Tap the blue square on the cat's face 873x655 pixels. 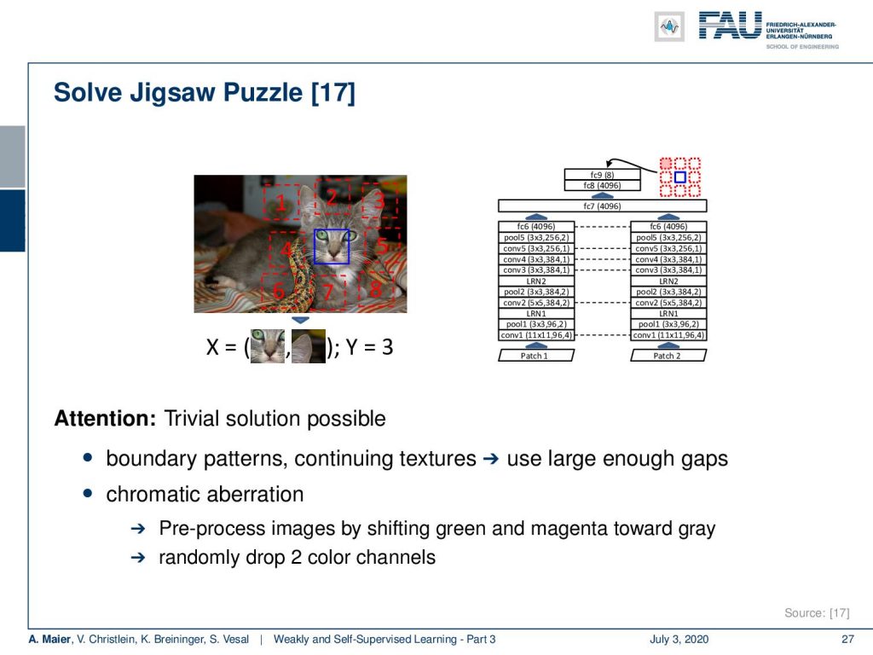coord(332,246)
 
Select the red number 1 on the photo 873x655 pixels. coord(280,203)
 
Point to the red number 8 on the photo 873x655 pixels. coord(376,289)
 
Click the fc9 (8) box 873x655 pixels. coord(602,175)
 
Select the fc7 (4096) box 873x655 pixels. coord(602,206)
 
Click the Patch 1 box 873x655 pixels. coord(535,356)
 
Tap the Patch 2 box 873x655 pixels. coord(668,356)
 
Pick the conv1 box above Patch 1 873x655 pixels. coord(536,335)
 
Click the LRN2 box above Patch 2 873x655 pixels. coord(668,281)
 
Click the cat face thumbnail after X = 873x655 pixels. coord(267,346)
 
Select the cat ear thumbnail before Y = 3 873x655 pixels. coord(309,346)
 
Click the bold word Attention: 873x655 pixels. coord(105,418)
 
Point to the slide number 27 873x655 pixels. coord(847,639)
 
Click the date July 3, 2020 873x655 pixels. coord(679,639)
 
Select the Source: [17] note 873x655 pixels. coord(817,612)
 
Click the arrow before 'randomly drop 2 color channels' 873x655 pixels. coord(137,558)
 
